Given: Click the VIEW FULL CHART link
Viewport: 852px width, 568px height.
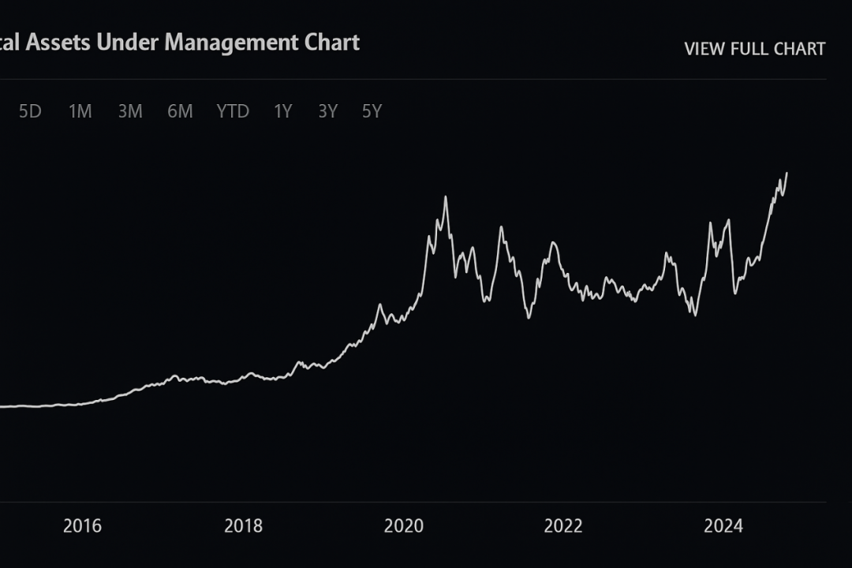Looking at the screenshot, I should click(754, 49).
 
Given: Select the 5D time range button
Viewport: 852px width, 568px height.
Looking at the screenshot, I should click(30, 112).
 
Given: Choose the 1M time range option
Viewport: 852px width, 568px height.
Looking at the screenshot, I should click(80, 112).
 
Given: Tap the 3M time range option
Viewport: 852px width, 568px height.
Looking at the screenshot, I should click(130, 112).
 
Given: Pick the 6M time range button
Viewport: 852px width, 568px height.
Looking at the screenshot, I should click(180, 112).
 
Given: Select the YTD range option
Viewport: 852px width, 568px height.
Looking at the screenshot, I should click(233, 112).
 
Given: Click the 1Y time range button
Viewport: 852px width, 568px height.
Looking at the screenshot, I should click(282, 112).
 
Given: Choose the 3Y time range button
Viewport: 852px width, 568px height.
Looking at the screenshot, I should click(327, 112).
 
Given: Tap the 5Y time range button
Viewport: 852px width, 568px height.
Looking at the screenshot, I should click(372, 112).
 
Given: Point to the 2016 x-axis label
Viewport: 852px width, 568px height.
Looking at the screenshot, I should click(82, 526).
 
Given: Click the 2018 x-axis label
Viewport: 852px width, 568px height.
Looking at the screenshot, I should click(243, 526).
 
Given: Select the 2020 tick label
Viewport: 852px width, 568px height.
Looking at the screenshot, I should click(404, 526).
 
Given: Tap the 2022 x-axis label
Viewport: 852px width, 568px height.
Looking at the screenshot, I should click(564, 526).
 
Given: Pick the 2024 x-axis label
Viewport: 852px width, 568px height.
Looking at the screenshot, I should click(724, 526).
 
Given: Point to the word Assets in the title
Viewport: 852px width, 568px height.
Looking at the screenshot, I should click(58, 43).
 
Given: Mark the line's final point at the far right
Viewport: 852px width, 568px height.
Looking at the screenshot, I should click(787, 173).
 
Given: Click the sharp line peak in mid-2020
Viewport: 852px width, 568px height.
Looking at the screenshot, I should click(446, 196).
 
